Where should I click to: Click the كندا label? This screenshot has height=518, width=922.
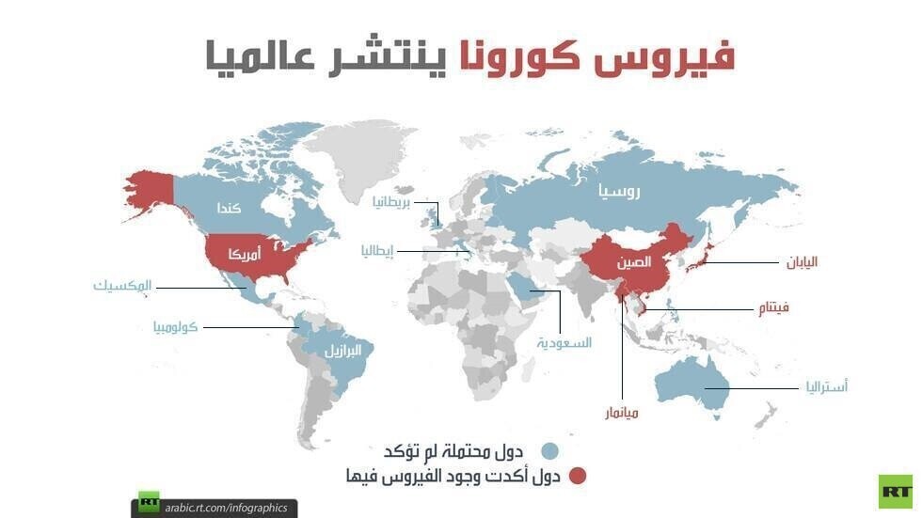click(x=230, y=207)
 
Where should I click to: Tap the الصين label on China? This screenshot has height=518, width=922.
click(x=633, y=262)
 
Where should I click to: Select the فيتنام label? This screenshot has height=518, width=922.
click(x=772, y=307)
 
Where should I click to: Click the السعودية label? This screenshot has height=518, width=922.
click(x=564, y=343)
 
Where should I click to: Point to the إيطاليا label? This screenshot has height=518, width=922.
click(x=377, y=251)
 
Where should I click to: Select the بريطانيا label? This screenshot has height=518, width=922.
click(x=393, y=202)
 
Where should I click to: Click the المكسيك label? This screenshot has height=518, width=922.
click(x=123, y=285)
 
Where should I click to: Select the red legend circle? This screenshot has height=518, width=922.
click(x=576, y=477)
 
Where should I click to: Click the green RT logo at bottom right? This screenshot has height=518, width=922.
click(x=895, y=491)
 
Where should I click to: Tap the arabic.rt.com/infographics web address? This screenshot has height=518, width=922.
click(x=225, y=507)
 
